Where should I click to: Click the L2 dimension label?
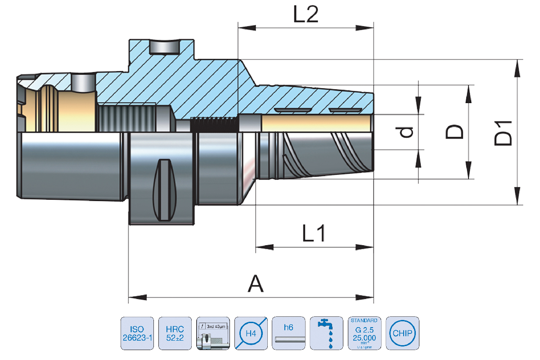(306, 15)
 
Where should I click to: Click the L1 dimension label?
(314, 234)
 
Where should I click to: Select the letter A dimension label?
(256, 284)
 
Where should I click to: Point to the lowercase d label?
(407, 132)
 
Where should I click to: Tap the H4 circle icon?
(251, 333)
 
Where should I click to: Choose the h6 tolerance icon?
(289, 333)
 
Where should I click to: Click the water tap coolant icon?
(327, 333)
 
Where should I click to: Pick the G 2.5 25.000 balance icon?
(364, 333)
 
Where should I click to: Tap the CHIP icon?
(402, 333)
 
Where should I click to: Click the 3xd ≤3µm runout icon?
(213, 333)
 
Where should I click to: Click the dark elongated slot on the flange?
(163, 188)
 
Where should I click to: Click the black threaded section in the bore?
(214, 124)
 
